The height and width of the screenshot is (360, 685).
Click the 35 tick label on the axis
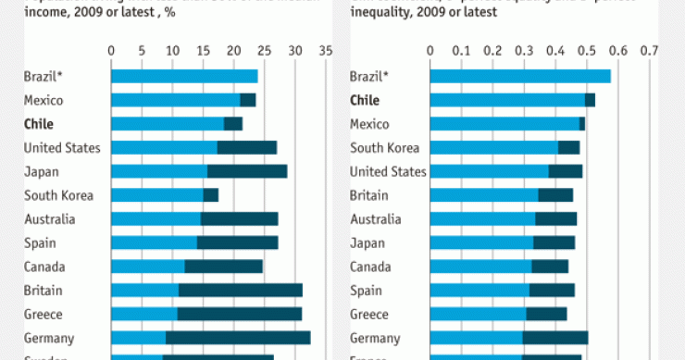click(325, 51)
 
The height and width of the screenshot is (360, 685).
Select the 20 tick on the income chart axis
click(233, 51)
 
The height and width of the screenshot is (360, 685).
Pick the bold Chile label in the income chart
click(39, 124)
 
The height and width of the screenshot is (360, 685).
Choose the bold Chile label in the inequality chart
click(366, 100)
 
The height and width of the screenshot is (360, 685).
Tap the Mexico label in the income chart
click(43, 100)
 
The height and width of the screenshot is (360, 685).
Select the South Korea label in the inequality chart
click(384, 148)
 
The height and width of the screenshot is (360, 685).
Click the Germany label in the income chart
click(49, 338)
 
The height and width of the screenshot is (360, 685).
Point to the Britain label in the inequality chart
click(369, 195)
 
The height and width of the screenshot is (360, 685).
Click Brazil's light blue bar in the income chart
click(184, 76)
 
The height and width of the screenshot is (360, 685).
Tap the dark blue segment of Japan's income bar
click(247, 171)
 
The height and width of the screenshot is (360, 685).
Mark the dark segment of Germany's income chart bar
click(238, 338)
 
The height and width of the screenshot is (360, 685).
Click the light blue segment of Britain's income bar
click(144, 291)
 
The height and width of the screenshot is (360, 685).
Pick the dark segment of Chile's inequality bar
click(590, 100)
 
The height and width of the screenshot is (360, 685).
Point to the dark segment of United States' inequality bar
click(566, 171)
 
